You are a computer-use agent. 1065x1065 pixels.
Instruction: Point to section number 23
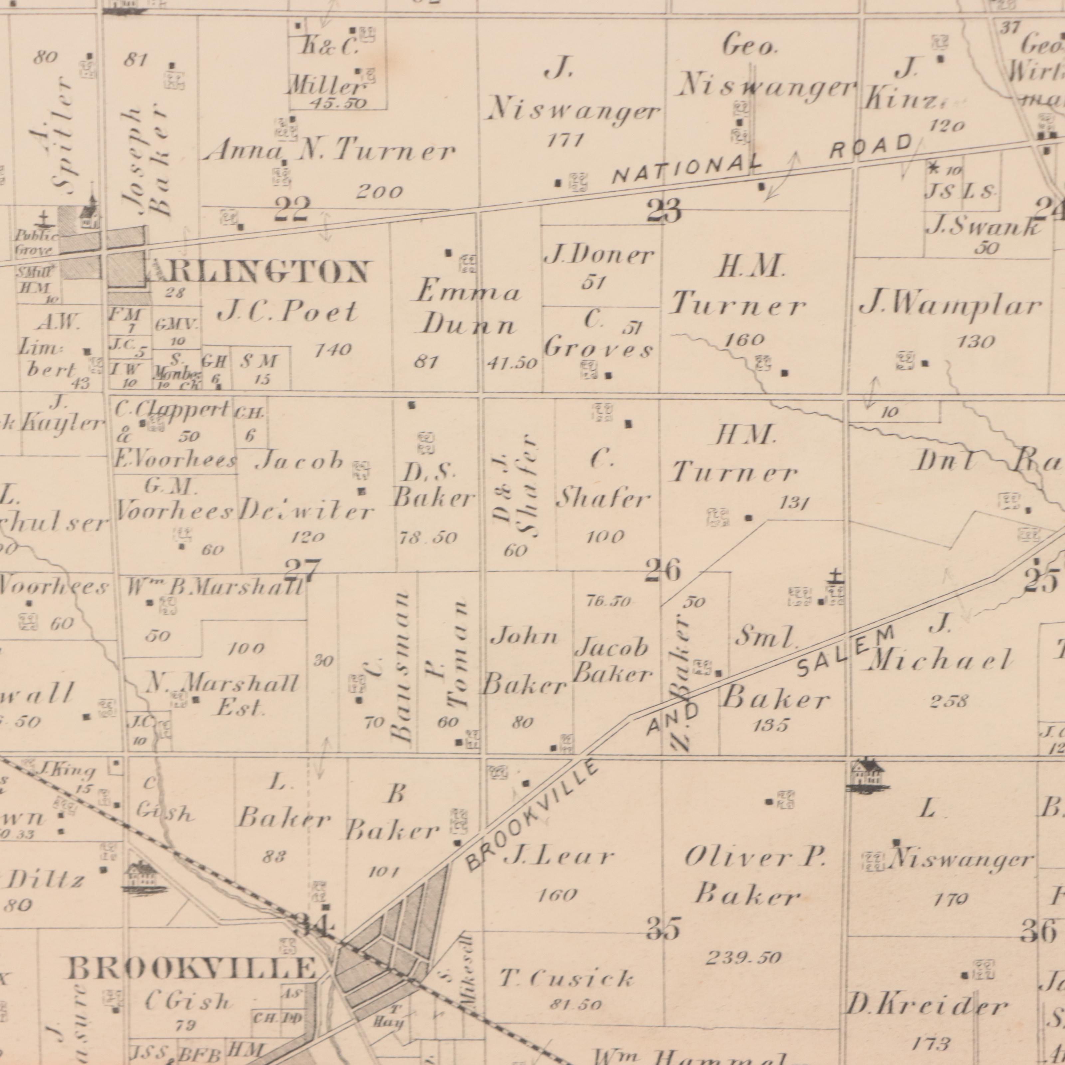click(664, 211)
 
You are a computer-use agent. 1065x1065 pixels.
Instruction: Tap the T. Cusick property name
click(566, 978)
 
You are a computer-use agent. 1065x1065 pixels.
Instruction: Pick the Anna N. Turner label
click(329, 150)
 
